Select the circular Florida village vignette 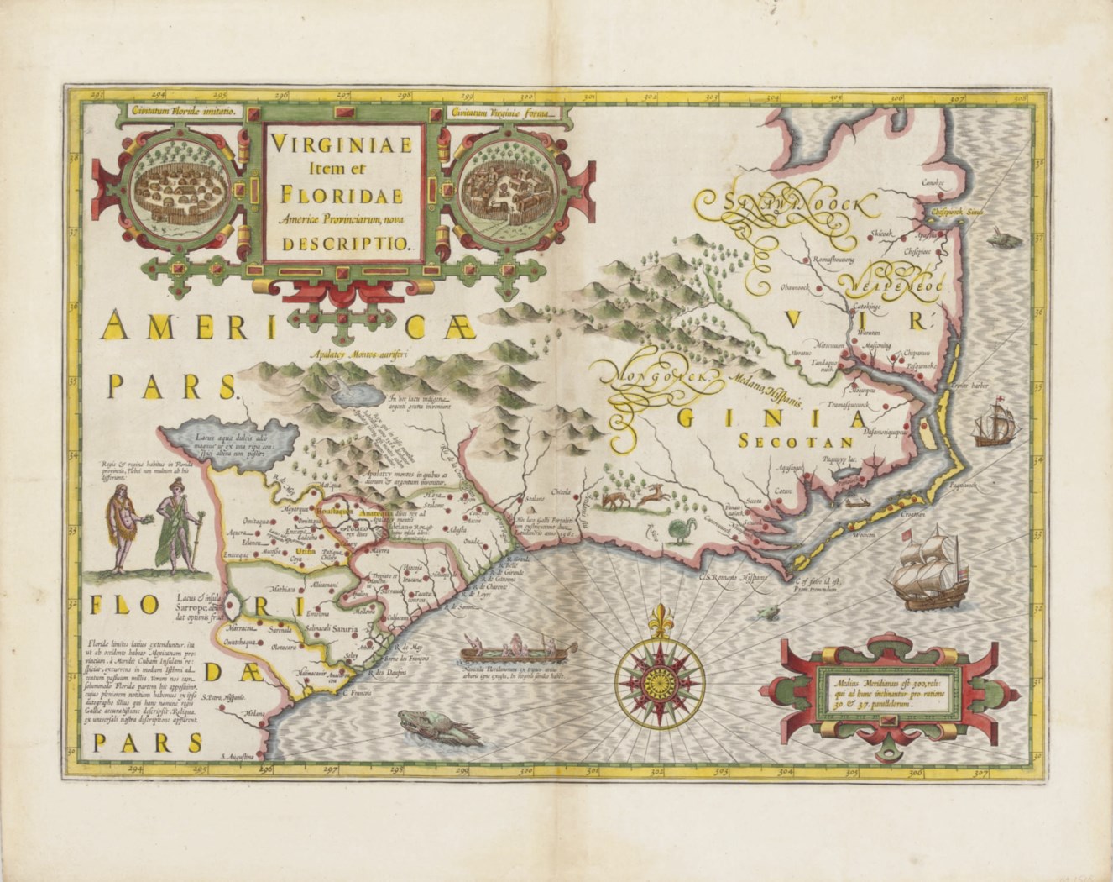click(x=179, y=181)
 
